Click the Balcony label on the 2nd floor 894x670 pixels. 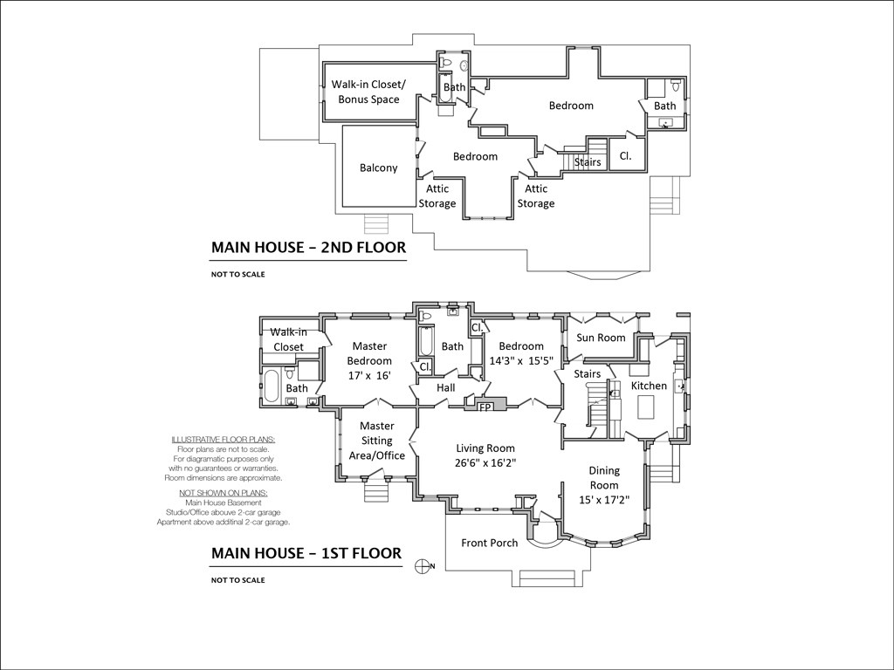point(378,167)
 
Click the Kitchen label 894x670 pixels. point(649,386)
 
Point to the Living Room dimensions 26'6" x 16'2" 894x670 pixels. point(486,464)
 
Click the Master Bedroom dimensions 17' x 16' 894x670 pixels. point(369,374)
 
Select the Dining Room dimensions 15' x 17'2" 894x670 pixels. point(604,501)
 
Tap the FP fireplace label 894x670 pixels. point(485,407)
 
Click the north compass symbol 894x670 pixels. point(423,565)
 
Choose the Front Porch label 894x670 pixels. point(489,543)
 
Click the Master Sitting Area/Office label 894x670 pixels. point(377,441)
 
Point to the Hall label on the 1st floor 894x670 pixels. point(446,387)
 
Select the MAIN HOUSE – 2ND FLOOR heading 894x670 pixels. point(308,248)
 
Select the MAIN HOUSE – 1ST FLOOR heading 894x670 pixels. point(306,553)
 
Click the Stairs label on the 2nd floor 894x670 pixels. point(588,162)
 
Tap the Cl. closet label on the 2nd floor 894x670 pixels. point(625,156)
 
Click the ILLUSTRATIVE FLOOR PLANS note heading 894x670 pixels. point(223,439)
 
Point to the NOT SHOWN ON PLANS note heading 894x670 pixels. point(223,492)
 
